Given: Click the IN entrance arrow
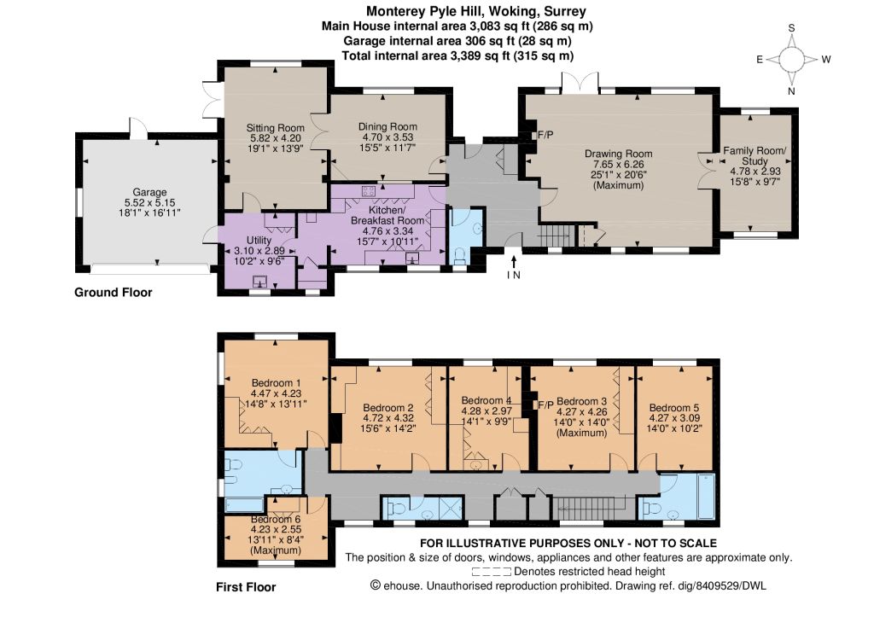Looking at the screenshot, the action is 514,263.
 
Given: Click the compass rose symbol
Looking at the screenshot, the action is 791,59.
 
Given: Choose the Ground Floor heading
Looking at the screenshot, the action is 114,292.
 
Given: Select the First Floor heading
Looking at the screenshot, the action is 246,587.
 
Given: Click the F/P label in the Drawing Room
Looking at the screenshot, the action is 545,135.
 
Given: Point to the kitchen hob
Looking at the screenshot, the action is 369,191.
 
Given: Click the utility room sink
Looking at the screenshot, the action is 260,282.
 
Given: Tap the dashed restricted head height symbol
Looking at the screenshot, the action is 491,571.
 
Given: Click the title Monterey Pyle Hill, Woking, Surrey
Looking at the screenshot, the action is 476,11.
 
